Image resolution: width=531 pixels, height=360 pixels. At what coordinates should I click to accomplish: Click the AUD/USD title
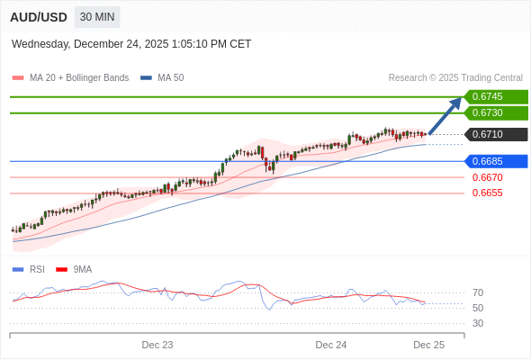(x=39, y=17)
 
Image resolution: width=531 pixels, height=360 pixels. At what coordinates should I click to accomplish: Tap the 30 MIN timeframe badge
(x=97, y=17)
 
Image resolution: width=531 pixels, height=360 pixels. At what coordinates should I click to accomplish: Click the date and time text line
(x=131, y=44)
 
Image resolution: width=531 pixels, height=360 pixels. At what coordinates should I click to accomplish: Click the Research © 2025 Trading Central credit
(x=455, y=77)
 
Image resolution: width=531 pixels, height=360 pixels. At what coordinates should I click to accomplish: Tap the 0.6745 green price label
(x=494, y=96)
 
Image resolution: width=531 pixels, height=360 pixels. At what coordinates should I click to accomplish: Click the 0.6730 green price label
(x=494, y=112)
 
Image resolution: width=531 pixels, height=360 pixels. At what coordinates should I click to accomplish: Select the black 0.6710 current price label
(x=494, y=134)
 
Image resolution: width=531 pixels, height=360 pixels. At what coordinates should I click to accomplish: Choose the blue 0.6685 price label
(x=494, y=161)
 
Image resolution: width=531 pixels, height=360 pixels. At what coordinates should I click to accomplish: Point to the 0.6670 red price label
(x=487, y=177)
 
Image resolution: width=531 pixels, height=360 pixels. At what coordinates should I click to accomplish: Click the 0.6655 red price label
(x=487, y=193)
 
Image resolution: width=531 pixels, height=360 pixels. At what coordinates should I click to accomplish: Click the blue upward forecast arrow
(x=445, y=115)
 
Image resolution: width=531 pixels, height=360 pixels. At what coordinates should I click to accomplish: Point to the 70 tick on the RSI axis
(x=478, y=292)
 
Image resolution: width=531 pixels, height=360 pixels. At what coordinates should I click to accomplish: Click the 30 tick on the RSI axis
(x=478, y=323)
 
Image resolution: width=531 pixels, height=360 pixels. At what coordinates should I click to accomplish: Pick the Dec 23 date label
(x=157, y=345)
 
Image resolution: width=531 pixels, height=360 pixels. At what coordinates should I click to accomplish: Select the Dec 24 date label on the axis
(x=331, y=345)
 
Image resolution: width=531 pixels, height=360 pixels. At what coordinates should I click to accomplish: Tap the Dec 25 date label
(x=429, y=345)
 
